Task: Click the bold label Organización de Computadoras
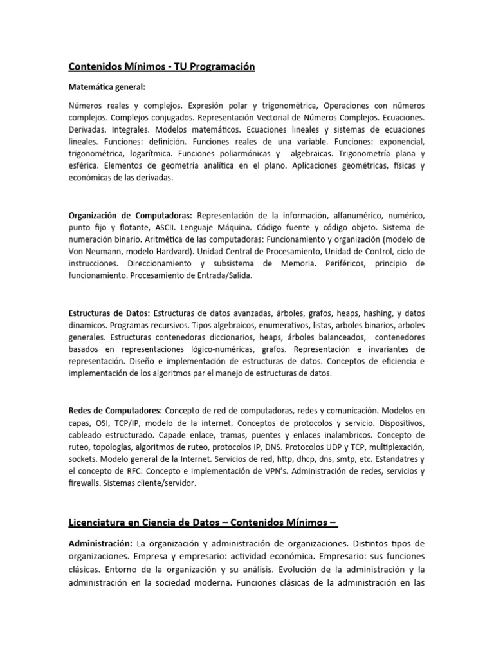pos(131,214)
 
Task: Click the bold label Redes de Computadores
pos(115,411)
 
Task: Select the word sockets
pos(84,459)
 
